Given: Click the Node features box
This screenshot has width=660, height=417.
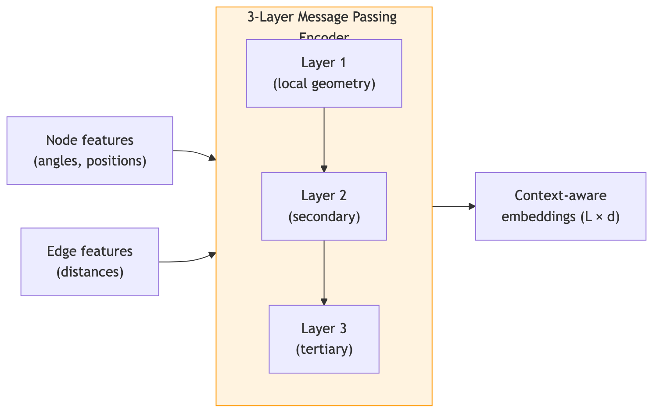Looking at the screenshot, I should pos(90,151).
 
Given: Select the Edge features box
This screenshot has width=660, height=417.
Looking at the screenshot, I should pos(90,262).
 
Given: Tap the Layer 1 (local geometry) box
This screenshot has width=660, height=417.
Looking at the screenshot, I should pos(324,73).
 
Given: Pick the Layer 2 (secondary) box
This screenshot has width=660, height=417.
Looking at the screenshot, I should pos(324,206).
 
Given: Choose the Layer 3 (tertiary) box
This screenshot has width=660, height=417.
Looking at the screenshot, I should pos(324,339).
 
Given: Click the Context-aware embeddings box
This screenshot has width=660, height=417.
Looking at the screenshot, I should pos(560,206).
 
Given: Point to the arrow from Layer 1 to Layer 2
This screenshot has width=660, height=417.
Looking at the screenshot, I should pos(324,140).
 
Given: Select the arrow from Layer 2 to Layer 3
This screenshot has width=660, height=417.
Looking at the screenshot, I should pos(324,273).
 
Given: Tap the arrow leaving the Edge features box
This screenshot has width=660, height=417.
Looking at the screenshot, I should pos(188,260).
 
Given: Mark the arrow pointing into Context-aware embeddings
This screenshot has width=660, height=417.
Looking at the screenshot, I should pos(454,206).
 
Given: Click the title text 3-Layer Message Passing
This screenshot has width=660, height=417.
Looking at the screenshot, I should pos(322,17).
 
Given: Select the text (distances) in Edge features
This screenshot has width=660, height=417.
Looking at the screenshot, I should pos(90,272).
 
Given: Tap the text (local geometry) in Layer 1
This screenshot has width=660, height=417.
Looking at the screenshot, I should pos(324,84).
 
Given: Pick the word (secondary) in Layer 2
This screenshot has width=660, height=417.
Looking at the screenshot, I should pos(324,217).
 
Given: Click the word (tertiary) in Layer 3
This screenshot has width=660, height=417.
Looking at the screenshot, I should pos(324,349).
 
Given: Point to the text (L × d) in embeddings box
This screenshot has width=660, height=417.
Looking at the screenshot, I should pos(600,217).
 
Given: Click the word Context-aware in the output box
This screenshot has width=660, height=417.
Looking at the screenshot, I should pos(560,195).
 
